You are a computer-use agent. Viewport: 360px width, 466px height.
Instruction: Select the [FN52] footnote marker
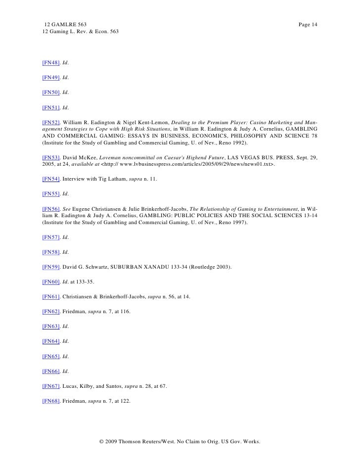click(x=51, y=122)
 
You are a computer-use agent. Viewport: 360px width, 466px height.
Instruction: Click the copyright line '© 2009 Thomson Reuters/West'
click(x=143, y=441)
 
